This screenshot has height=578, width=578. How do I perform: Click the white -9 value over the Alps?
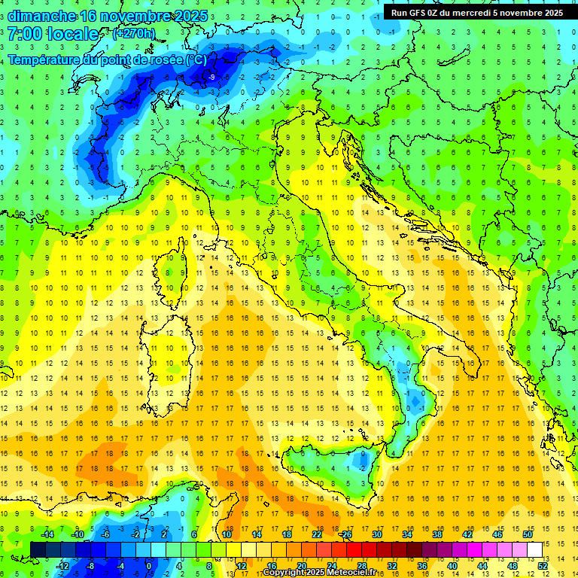(212, 77)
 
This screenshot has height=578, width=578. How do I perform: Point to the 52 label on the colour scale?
(542, 565)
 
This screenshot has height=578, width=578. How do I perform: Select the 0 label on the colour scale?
(148, 565)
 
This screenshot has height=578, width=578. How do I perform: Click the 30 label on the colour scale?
(377, 534)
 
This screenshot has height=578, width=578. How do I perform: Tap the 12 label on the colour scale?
(241, 565)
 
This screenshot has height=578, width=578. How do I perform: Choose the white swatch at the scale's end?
(534, 549)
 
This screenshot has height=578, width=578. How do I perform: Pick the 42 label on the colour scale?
(467, 534)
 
